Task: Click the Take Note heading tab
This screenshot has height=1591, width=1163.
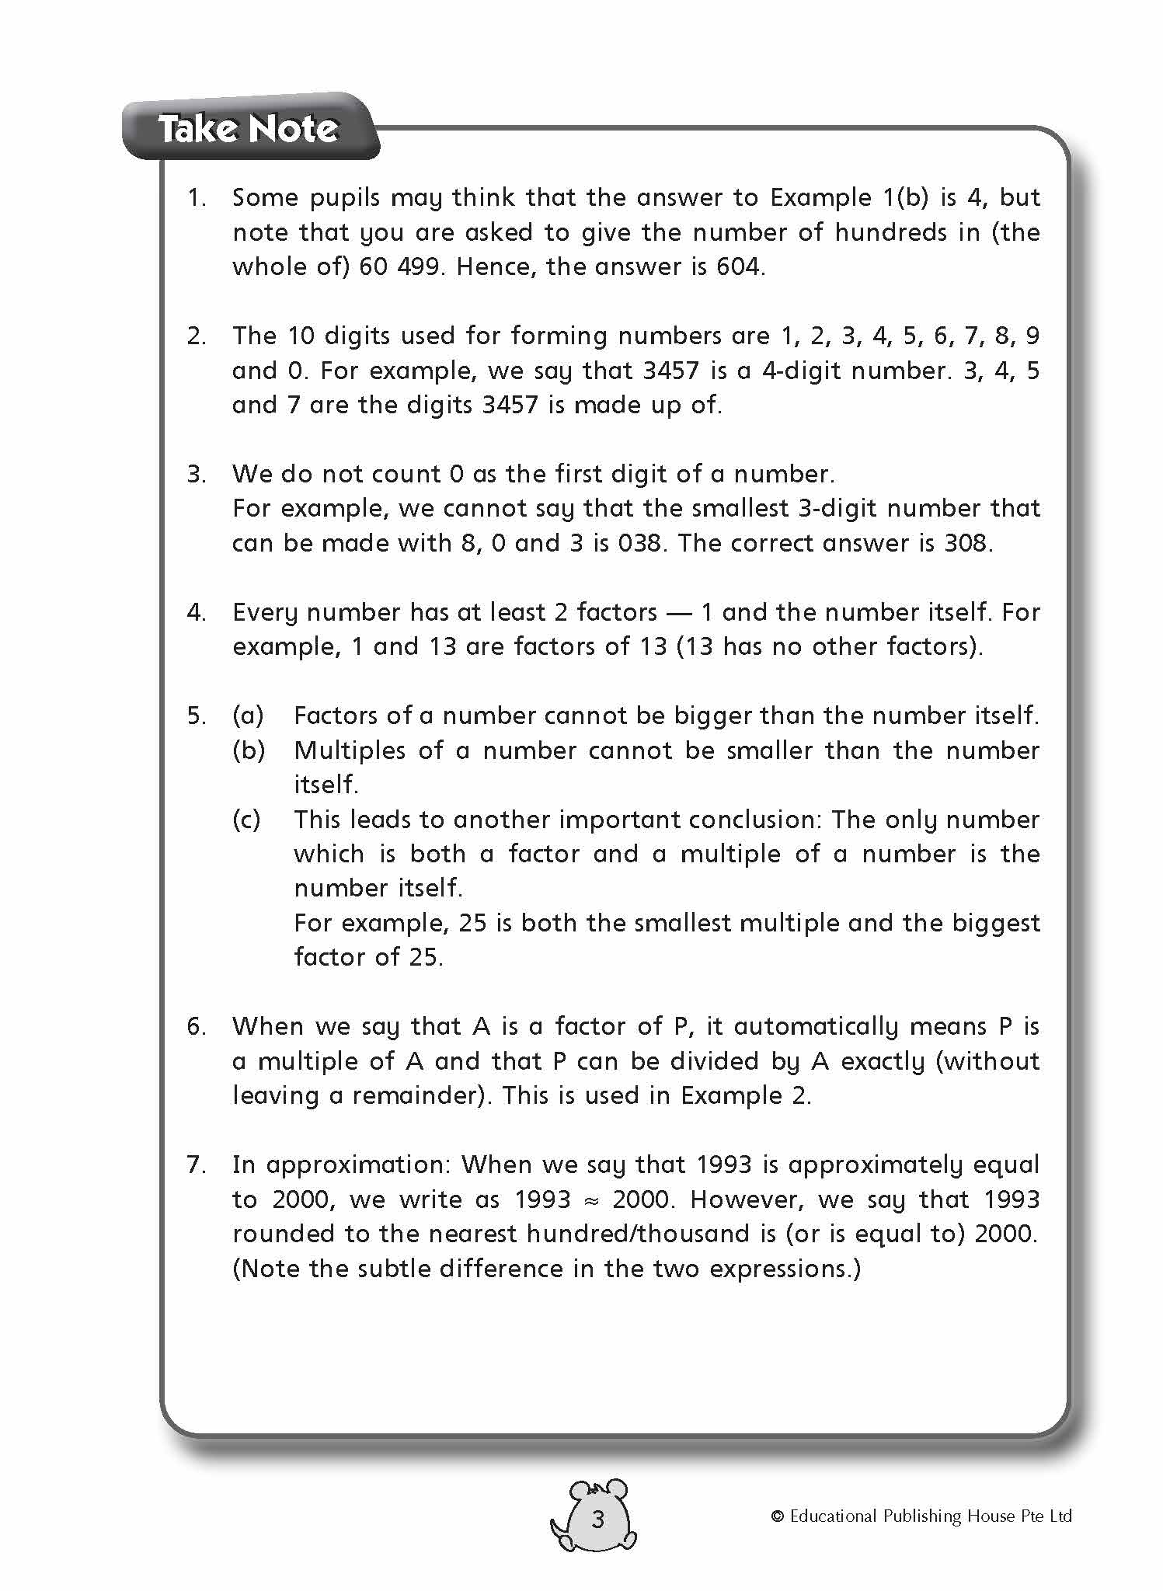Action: pyautogui.click(x=249, y=128)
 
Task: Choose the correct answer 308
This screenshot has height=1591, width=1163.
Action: pyautogui.click(x=966, y=543)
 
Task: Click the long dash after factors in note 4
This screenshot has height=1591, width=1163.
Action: pyautogui.click(x=679, y=613)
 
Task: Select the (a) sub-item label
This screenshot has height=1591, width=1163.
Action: pyautogui.click(x=248, y=715)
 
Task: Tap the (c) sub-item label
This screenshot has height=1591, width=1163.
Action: pyautogui.click(x=247, y=820)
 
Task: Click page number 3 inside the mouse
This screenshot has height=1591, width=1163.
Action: pyautogui.click(x=597, y=1520)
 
